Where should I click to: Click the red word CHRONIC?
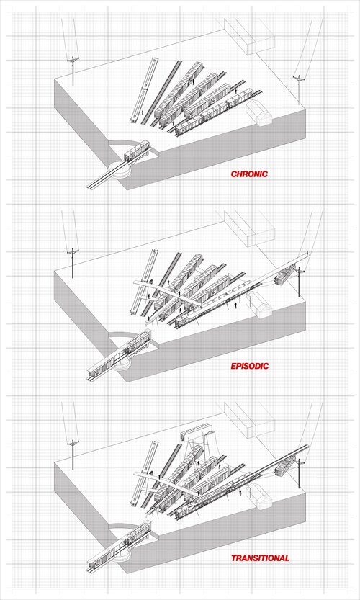coord(249,174)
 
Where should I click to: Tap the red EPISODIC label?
coord(250,366)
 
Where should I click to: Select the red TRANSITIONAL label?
coord(260,558)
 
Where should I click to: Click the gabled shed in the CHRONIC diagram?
coord(258,113)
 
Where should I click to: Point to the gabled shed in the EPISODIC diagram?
coord(258,305)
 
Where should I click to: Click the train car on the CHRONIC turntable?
coord(137,150)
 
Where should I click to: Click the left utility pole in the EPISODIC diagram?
coord(72,264)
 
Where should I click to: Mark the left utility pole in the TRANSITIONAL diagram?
coord(72,455)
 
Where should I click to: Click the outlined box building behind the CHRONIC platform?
coord(248,35)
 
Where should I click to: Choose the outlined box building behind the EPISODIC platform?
coord(248,228)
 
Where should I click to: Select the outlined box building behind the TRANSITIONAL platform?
coord(248,419)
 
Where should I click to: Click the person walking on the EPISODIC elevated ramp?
coord(307,253)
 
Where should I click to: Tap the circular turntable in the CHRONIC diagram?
coord(120,169)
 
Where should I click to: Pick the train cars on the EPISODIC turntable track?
coord(120,354)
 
